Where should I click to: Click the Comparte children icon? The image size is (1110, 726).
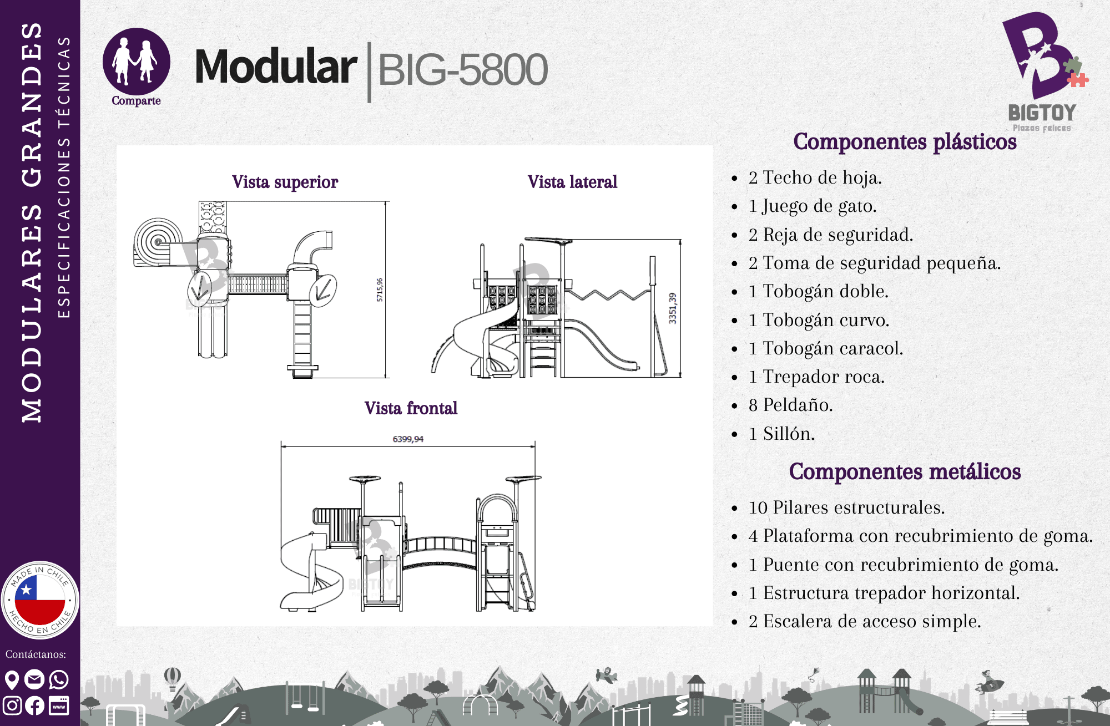coord(136,62)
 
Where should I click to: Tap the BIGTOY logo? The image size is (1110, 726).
coord(1043,72)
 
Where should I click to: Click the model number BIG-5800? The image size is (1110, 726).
coord(462,70)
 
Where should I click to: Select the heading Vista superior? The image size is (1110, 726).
coord(285,182)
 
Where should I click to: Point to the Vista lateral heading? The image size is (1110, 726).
coord(572,182)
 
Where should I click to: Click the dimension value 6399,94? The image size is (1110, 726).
coord(408,439)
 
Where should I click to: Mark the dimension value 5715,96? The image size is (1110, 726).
coord(380,290)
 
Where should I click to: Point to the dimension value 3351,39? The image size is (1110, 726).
coord(673,308)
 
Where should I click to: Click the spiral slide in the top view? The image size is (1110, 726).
coord(158,242)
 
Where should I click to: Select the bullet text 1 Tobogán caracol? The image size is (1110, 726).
coord(825,348)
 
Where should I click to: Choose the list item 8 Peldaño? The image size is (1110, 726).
coord(790,405)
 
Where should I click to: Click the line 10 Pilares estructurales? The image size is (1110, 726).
coord(846,507)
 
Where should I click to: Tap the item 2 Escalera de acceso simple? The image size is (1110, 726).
coord(865,621)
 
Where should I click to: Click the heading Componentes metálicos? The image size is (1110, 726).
coord(905,471)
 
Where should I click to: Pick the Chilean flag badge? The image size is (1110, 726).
coord(40,600)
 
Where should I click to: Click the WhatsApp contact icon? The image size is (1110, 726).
coord(59,679)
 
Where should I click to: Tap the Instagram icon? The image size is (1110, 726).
coord(12,705)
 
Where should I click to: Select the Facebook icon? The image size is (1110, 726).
coord(35,705)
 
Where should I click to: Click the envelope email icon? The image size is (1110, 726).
coord(34,679)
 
